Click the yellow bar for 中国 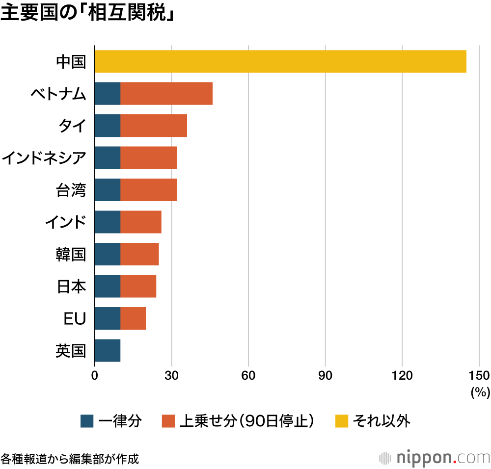tap(280, 61)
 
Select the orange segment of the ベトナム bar tap(166, 94)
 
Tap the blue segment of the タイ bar tap(108, 126)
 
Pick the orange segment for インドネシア tap(148, 158)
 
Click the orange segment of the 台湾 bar tap(148, 190)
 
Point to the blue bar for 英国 tap(108, 351)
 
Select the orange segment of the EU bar tap(133, 319)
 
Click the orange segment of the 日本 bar tap(138, 287)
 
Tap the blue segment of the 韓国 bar tap(108, 255)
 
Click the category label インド tap(65, 222)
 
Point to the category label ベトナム tap(58, 94)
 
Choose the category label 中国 tap(71, 62)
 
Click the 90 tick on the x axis tap(326, 376)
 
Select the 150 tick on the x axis tap(479, 376)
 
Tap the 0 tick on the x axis tap(95, 376)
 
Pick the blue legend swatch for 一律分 tap(86, 421)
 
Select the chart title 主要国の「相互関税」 tap(88, 14)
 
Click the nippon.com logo tap(435, 457)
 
